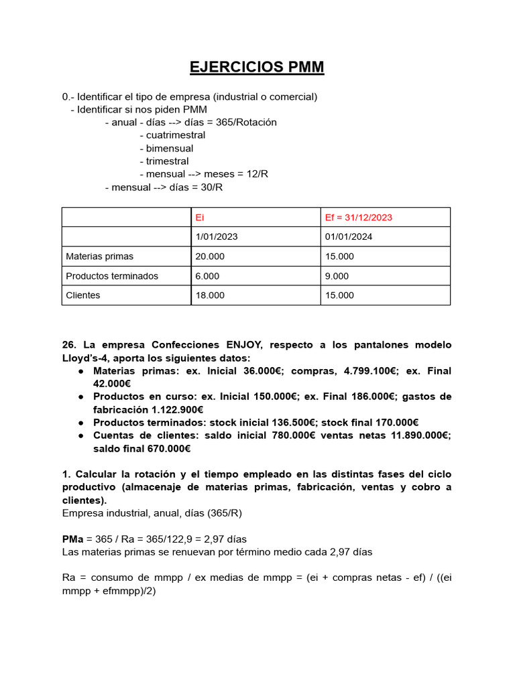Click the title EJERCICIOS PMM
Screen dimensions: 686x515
point(257,67)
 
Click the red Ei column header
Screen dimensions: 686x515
point(199,217)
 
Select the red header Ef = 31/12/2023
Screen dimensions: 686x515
point(359,217)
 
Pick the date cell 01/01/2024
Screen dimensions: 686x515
point(349,236)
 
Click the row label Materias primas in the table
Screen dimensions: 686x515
point(99,256)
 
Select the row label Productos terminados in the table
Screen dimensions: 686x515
point(112,276)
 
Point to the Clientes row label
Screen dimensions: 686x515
point(83,295)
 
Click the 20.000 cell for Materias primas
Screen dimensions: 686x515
point(210,256)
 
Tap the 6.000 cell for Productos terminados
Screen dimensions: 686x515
point(207,276)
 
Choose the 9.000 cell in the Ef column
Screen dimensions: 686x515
point(337,276)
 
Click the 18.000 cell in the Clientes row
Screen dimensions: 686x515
point(210,295)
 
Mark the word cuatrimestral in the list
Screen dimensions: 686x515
point(176,135)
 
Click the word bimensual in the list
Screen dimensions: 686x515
point(170,148)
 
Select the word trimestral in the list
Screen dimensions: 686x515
point(168,161)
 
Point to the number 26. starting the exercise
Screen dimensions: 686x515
point(70,344)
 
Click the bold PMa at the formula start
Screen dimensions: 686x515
point(72,539)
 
